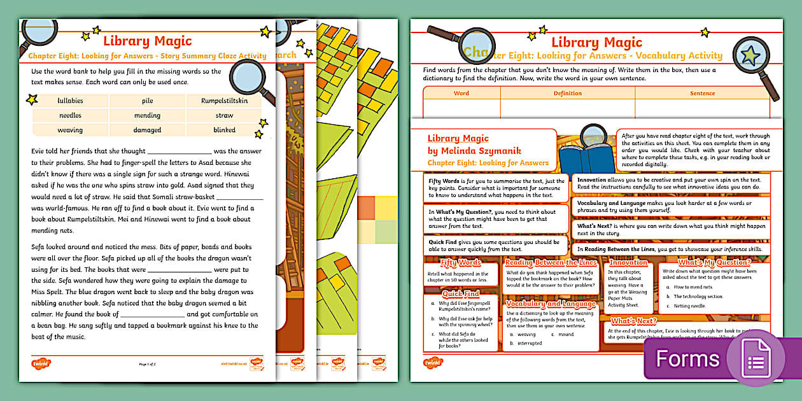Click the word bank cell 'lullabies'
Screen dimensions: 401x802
click(x=70, y=101)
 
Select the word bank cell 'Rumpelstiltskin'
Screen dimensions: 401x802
click(x=224, y=101)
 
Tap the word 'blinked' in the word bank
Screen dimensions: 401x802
click(x=224, y=130)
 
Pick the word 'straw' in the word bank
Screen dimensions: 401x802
click(x=224, y=115)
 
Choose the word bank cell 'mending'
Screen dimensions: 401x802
click(x=147, y=115)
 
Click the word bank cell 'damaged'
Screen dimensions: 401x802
click(x=147, y=130)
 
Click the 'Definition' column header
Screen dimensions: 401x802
click(x=567, y=94)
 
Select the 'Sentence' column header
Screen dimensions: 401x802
click(x=702, y=94)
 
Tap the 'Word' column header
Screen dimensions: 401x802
click(x=461, y=94)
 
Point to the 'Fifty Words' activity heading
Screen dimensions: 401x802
click(x=461, y=262)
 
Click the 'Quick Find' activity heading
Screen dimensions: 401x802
click(x=461, y=293)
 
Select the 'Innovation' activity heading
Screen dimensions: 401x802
click(x=628, y=262)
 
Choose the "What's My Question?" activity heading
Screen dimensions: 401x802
click(x=715, y=262)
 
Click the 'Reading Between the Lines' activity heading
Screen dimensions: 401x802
click(x=551, y=262)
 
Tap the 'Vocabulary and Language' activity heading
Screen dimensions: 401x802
click(x=551, y=304)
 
